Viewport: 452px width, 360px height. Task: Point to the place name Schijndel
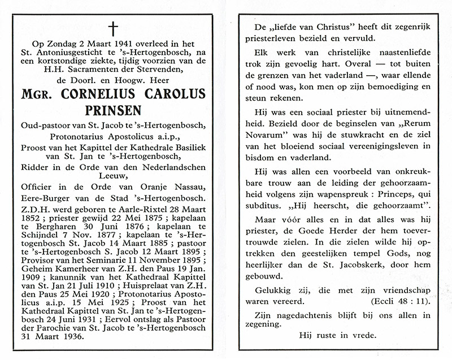(46, 237)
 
